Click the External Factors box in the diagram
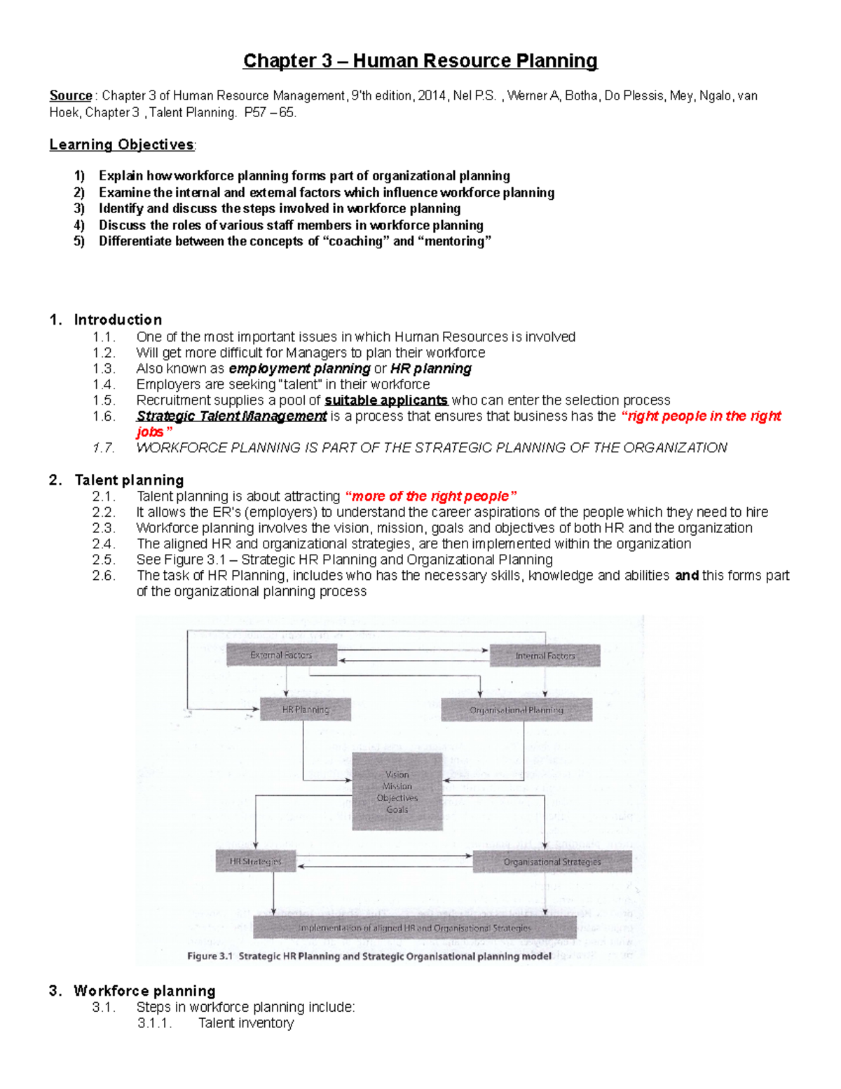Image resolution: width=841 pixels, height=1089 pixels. click(282, 655)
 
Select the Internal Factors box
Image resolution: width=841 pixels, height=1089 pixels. click(545, 656)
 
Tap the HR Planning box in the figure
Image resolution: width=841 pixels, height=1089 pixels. click(306, 710)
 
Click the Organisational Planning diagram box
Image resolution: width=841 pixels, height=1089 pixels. click(517, 710)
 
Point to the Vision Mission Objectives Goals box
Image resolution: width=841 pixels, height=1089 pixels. click(397, 792)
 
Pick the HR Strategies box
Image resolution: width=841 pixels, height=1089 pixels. click(256, 861)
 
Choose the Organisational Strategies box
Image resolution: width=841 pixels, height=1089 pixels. click(552, 861)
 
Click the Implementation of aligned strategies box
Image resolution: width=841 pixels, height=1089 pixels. click(415, 927)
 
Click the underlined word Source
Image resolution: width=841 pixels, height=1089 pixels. click(71, 95)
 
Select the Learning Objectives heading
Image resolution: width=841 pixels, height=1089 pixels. click(122, 144)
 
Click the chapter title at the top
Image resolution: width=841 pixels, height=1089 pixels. click(420, 61)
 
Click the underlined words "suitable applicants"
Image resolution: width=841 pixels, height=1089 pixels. click(386, 400)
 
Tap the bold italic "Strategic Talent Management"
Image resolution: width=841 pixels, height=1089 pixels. click(231, 417)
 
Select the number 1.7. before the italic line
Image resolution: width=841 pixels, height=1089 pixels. click(104, 448)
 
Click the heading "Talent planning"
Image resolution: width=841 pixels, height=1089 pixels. click(129, 480)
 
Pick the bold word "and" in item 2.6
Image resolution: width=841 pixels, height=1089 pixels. click(687, 576)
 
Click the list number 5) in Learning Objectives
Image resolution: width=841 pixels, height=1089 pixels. click(79, 241)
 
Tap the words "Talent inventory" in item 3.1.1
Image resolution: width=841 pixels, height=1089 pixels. click(246, 1023)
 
